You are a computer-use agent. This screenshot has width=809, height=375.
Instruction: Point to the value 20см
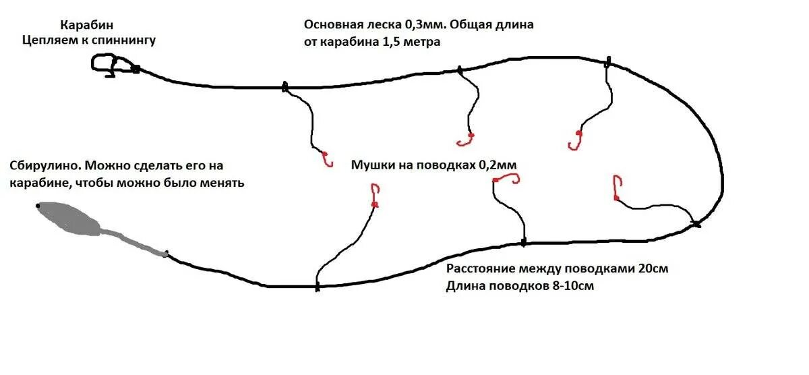(x=653, y=268)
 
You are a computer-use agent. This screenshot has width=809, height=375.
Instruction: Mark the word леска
(x=383, y=25)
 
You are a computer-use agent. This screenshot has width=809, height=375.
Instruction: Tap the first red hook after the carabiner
(x=328, y=159)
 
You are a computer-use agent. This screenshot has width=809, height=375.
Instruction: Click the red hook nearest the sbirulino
(x=375, y=196)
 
